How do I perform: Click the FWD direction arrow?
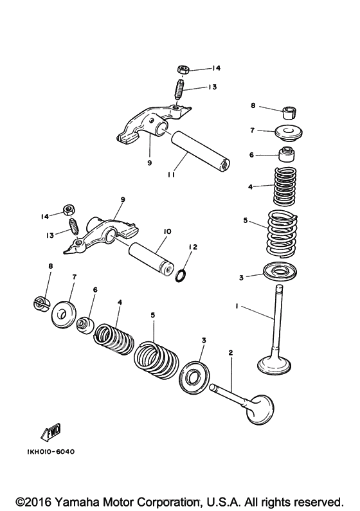point(51,431)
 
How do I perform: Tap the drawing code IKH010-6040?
point(51,452)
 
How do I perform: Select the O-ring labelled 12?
point(181,276)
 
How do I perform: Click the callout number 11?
point(172,175)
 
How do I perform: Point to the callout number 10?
point(167,231)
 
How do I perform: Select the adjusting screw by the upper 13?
point(179,90)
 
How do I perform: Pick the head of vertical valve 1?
point(274,366)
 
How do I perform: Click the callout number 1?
point(237,306)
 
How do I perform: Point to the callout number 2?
point(231,352)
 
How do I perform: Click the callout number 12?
point(193,247)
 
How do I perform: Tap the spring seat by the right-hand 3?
point(280,271)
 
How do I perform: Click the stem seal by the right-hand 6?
point(287,154)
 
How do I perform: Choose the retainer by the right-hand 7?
point(289,132)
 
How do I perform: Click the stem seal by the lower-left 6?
point(85,325)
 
